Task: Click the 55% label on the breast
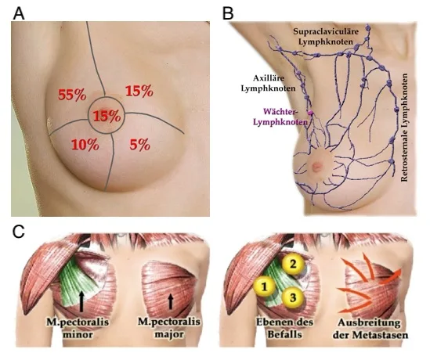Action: click(x=72, y=95)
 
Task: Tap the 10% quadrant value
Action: click(x=85, y=144)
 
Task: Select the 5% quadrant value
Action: click(x=140, y=144)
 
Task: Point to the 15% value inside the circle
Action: click(x=107, y=117)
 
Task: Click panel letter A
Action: click(x=19, y=13)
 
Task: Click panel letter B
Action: click(x=228, y=13)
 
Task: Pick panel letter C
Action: click(x=19, y=232)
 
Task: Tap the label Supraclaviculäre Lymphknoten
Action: click(x=326, y=36)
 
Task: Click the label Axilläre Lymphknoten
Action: click(x=268, y=83)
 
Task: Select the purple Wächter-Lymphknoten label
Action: click(x=280, y=117)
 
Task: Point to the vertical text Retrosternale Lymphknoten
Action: click(x=404, y=128)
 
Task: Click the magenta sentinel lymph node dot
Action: click(x=310, y=112)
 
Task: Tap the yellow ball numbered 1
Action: click(x=265, y=286)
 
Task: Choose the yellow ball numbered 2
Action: click(x=293, y=264)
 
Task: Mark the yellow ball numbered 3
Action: click(x=293, y=297)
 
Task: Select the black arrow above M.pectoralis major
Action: click(x=171, y=301)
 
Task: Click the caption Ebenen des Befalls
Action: click(x=284, y=328)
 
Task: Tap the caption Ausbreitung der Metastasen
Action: click(x=370, y=329)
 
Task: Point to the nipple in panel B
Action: click(x=316, y=166)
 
